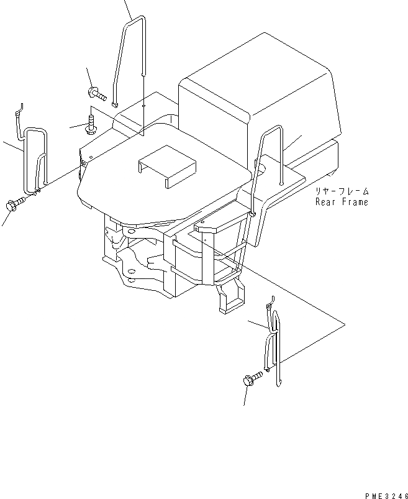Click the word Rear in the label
(326, 202)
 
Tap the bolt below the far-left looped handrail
(14, 203)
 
